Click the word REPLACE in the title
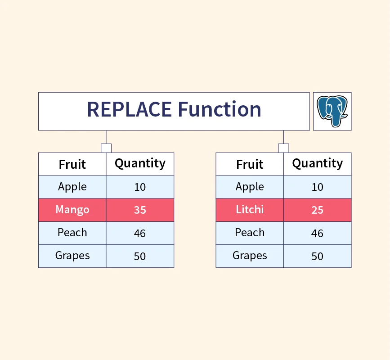130,109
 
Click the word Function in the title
220,109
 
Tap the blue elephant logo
332,111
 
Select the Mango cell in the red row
72,210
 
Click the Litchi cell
250,210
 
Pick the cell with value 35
140,210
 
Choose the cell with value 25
318,210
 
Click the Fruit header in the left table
72,164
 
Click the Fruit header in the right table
250,164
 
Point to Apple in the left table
72,187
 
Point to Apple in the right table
250,187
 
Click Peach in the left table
72,233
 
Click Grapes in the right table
250,256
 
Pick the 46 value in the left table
140,234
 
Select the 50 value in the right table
318,256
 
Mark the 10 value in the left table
140,187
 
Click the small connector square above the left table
106,148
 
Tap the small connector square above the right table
283,148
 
